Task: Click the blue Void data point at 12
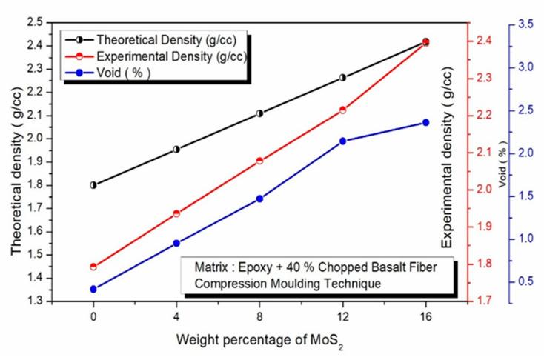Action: click(x=343, y=141)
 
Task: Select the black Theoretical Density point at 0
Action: click(x=93, y=185)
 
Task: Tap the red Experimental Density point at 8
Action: click(x=259, y=161)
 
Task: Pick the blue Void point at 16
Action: click(x=426, y=122)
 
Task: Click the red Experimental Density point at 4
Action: click(x=176, y=213)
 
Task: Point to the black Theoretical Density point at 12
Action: click(x=343, y=77)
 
